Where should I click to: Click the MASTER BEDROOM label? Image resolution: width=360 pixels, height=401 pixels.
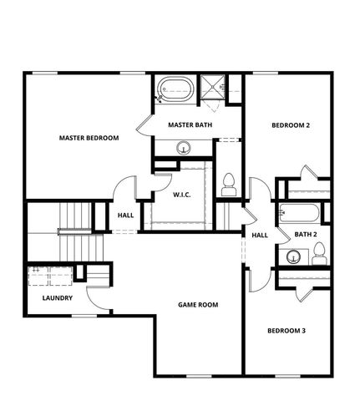89,138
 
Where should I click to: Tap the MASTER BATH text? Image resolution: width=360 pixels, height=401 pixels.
190,125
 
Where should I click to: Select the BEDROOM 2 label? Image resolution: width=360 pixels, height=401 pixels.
291,125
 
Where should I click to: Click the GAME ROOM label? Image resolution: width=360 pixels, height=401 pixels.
198,305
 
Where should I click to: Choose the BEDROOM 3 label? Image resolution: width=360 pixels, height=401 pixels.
286,331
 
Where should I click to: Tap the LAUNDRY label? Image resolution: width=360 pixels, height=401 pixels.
57,297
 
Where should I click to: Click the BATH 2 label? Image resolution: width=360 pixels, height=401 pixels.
304,234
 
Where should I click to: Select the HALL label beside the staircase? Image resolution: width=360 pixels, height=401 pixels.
125,216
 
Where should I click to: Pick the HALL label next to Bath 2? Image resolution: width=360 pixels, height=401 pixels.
260,235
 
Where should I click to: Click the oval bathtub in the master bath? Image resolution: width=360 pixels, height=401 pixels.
175,88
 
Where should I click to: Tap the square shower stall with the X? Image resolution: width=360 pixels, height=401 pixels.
213,87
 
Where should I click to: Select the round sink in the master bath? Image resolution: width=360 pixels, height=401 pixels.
184,148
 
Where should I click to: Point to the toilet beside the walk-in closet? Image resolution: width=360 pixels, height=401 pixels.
227,182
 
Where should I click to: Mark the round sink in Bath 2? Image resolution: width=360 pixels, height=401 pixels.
292,256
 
